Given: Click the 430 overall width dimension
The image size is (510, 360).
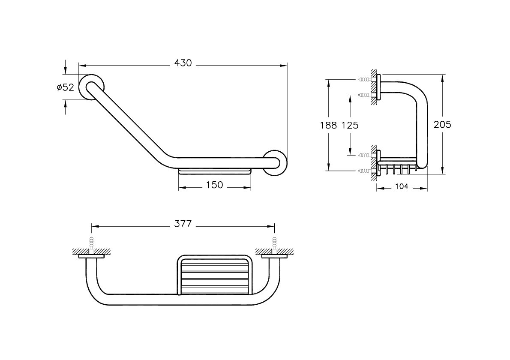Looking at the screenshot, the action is tap(183, 63).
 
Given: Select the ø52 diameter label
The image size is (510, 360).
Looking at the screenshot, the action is tap(66, 87).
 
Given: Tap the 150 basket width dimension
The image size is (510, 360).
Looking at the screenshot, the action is tap(214, 185).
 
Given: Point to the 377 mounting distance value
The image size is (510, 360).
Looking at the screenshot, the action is tap(183, 224).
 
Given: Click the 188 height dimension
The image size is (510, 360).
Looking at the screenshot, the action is tap(329, 125).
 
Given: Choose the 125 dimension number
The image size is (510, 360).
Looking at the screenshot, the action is tap(350, 125).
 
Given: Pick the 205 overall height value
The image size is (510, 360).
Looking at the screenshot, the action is tap(442, 124).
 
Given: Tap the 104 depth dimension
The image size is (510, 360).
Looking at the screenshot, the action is tap(402, 186).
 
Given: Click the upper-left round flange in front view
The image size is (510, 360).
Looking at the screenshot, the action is tap(91, 87).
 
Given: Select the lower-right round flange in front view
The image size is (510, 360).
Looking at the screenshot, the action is tap(275, 163).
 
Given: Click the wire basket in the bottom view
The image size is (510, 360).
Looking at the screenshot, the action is tap(215, 275).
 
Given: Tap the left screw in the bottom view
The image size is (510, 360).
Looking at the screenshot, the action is tap(92, 245).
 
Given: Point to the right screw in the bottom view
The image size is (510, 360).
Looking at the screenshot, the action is tap(275, 245).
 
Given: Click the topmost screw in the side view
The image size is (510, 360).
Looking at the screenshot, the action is tap(366, 79).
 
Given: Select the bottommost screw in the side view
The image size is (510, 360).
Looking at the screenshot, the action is tap(366, 171).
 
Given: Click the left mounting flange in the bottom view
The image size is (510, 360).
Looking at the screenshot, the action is tap(91, 256).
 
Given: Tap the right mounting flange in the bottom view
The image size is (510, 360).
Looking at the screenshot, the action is tap(275, 256).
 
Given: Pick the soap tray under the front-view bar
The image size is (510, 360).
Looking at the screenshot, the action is tap(215, 172).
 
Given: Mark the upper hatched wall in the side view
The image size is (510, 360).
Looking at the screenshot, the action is tap(374, 87).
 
